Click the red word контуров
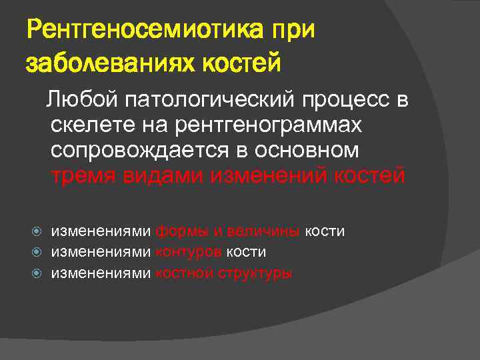[x=189, y=252]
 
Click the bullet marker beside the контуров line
[x=39, y=252]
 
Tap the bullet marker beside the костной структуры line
[x=39, y=272]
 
